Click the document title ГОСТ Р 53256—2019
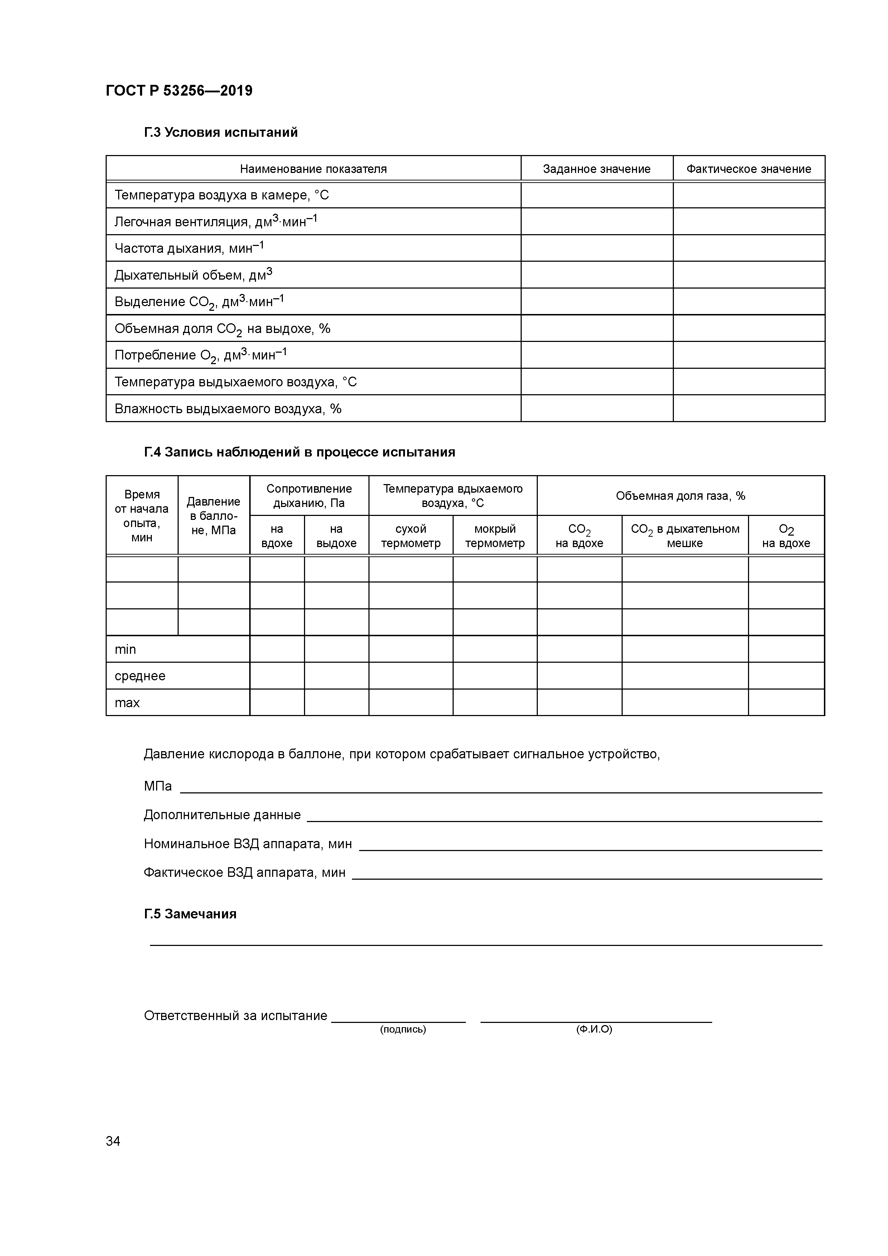coord(179,91)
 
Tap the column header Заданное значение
coord(597,169)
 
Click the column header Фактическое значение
coord(748,169)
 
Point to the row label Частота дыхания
coord(189,248)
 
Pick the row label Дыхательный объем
coord(193,275)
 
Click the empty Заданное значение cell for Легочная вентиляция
coord(597,222)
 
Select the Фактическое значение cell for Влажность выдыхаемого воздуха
coord(748,409)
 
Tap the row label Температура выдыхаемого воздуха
coord(235,382)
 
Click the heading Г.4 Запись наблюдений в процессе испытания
coord(299,453)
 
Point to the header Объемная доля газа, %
coord(680,496)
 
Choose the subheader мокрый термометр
coord(494,536)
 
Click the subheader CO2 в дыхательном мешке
coord(685,536)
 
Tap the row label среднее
coord(140,676)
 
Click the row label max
coord(127,703)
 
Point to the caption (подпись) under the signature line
coord(403,1029)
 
